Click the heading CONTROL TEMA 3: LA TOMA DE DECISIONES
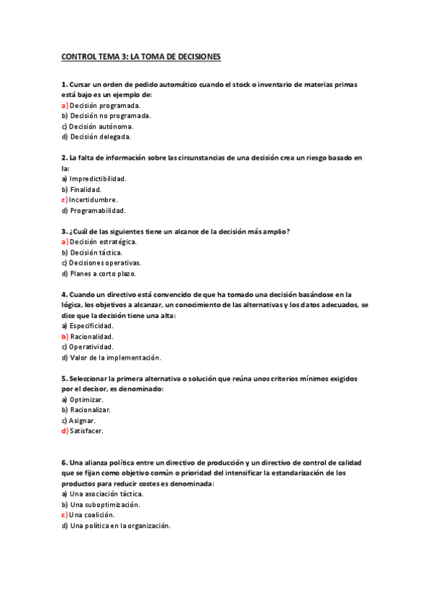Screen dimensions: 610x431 click(141, 55)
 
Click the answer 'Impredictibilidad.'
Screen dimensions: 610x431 click(98, 178)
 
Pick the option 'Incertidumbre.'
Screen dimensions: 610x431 click(93, 199)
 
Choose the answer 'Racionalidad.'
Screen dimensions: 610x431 click(92, 336)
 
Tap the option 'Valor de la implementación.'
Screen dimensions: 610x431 click(115, 358)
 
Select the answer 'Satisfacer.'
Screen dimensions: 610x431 click(87, 431)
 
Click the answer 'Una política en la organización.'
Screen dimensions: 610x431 click(120, 526)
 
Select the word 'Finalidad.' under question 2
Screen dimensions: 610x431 click(86, 189)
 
